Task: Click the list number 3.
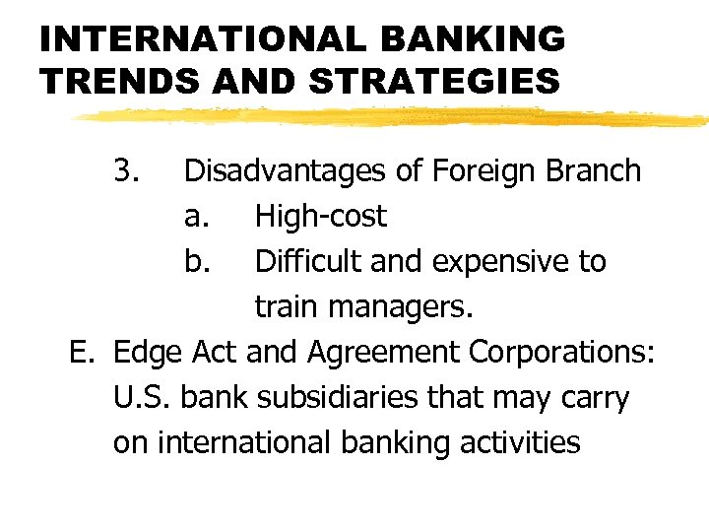pos(125,171)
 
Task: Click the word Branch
pos(593,171)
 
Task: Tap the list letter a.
pos(196,217)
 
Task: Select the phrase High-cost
pos(320,217)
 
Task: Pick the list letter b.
pos(196,262)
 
